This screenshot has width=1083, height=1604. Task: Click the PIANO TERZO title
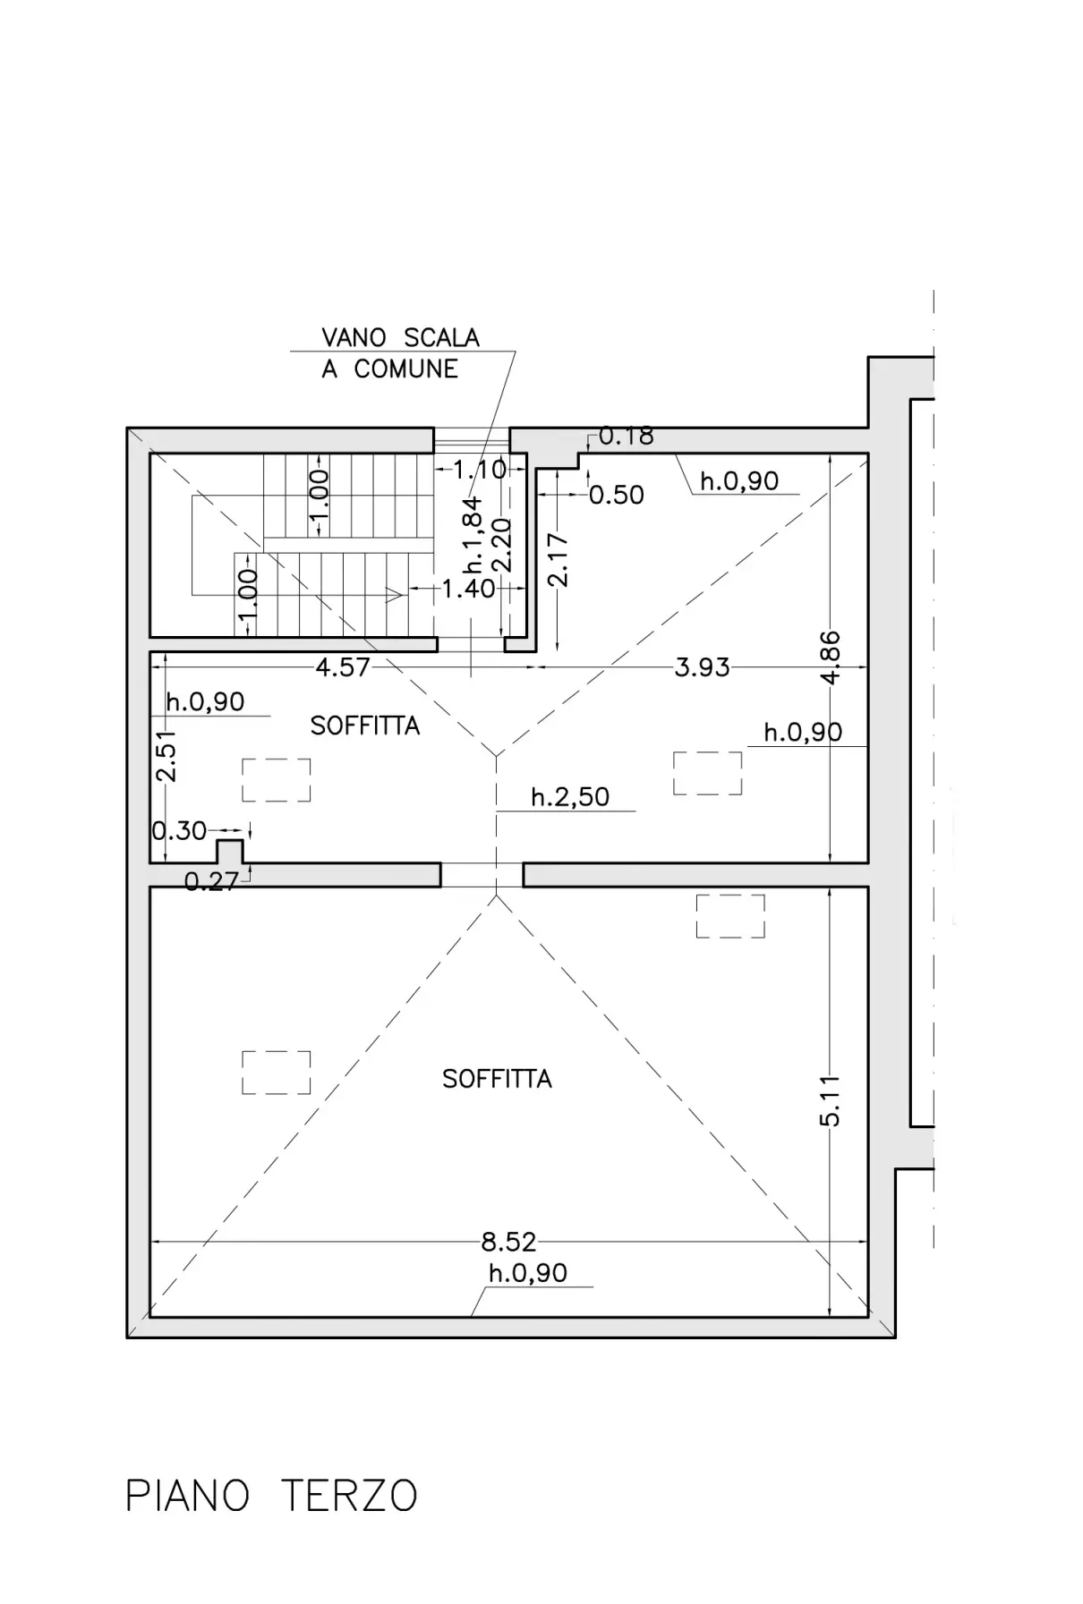(x=271, y=1496)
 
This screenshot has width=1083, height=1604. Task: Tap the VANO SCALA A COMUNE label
(x=400, y=352)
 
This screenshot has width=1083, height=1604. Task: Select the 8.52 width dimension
(x=508, y=1242)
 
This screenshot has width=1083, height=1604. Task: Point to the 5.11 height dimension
(x=830, y=1100)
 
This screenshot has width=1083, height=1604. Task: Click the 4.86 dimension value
(x=830, y=658)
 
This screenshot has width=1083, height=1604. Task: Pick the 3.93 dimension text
(x=702, y=667)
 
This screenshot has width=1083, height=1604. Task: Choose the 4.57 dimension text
(x=343, y=666)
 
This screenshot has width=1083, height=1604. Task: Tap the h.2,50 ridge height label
(x=570, y=796)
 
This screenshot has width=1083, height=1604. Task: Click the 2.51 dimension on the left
(x=166, y=756)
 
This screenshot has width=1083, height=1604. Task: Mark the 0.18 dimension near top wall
(x=626, y=436)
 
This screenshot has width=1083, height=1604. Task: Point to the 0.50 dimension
(x=617, y=495)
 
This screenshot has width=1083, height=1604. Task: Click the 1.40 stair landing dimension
(x=468, y=589)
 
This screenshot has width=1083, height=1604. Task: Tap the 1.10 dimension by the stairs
(x=480, y=469)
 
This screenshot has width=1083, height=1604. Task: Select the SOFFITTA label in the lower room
(x=497, y=1079)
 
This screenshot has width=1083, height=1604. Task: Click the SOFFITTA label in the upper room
(x=365, y=726)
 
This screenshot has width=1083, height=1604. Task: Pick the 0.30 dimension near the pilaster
(x=179, y=831)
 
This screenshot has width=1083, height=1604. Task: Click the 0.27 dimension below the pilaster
(x=212, y=882)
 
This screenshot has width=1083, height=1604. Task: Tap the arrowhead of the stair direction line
(x=394, y=594)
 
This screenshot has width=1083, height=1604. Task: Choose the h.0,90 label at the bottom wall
(x=528, y=1273)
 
